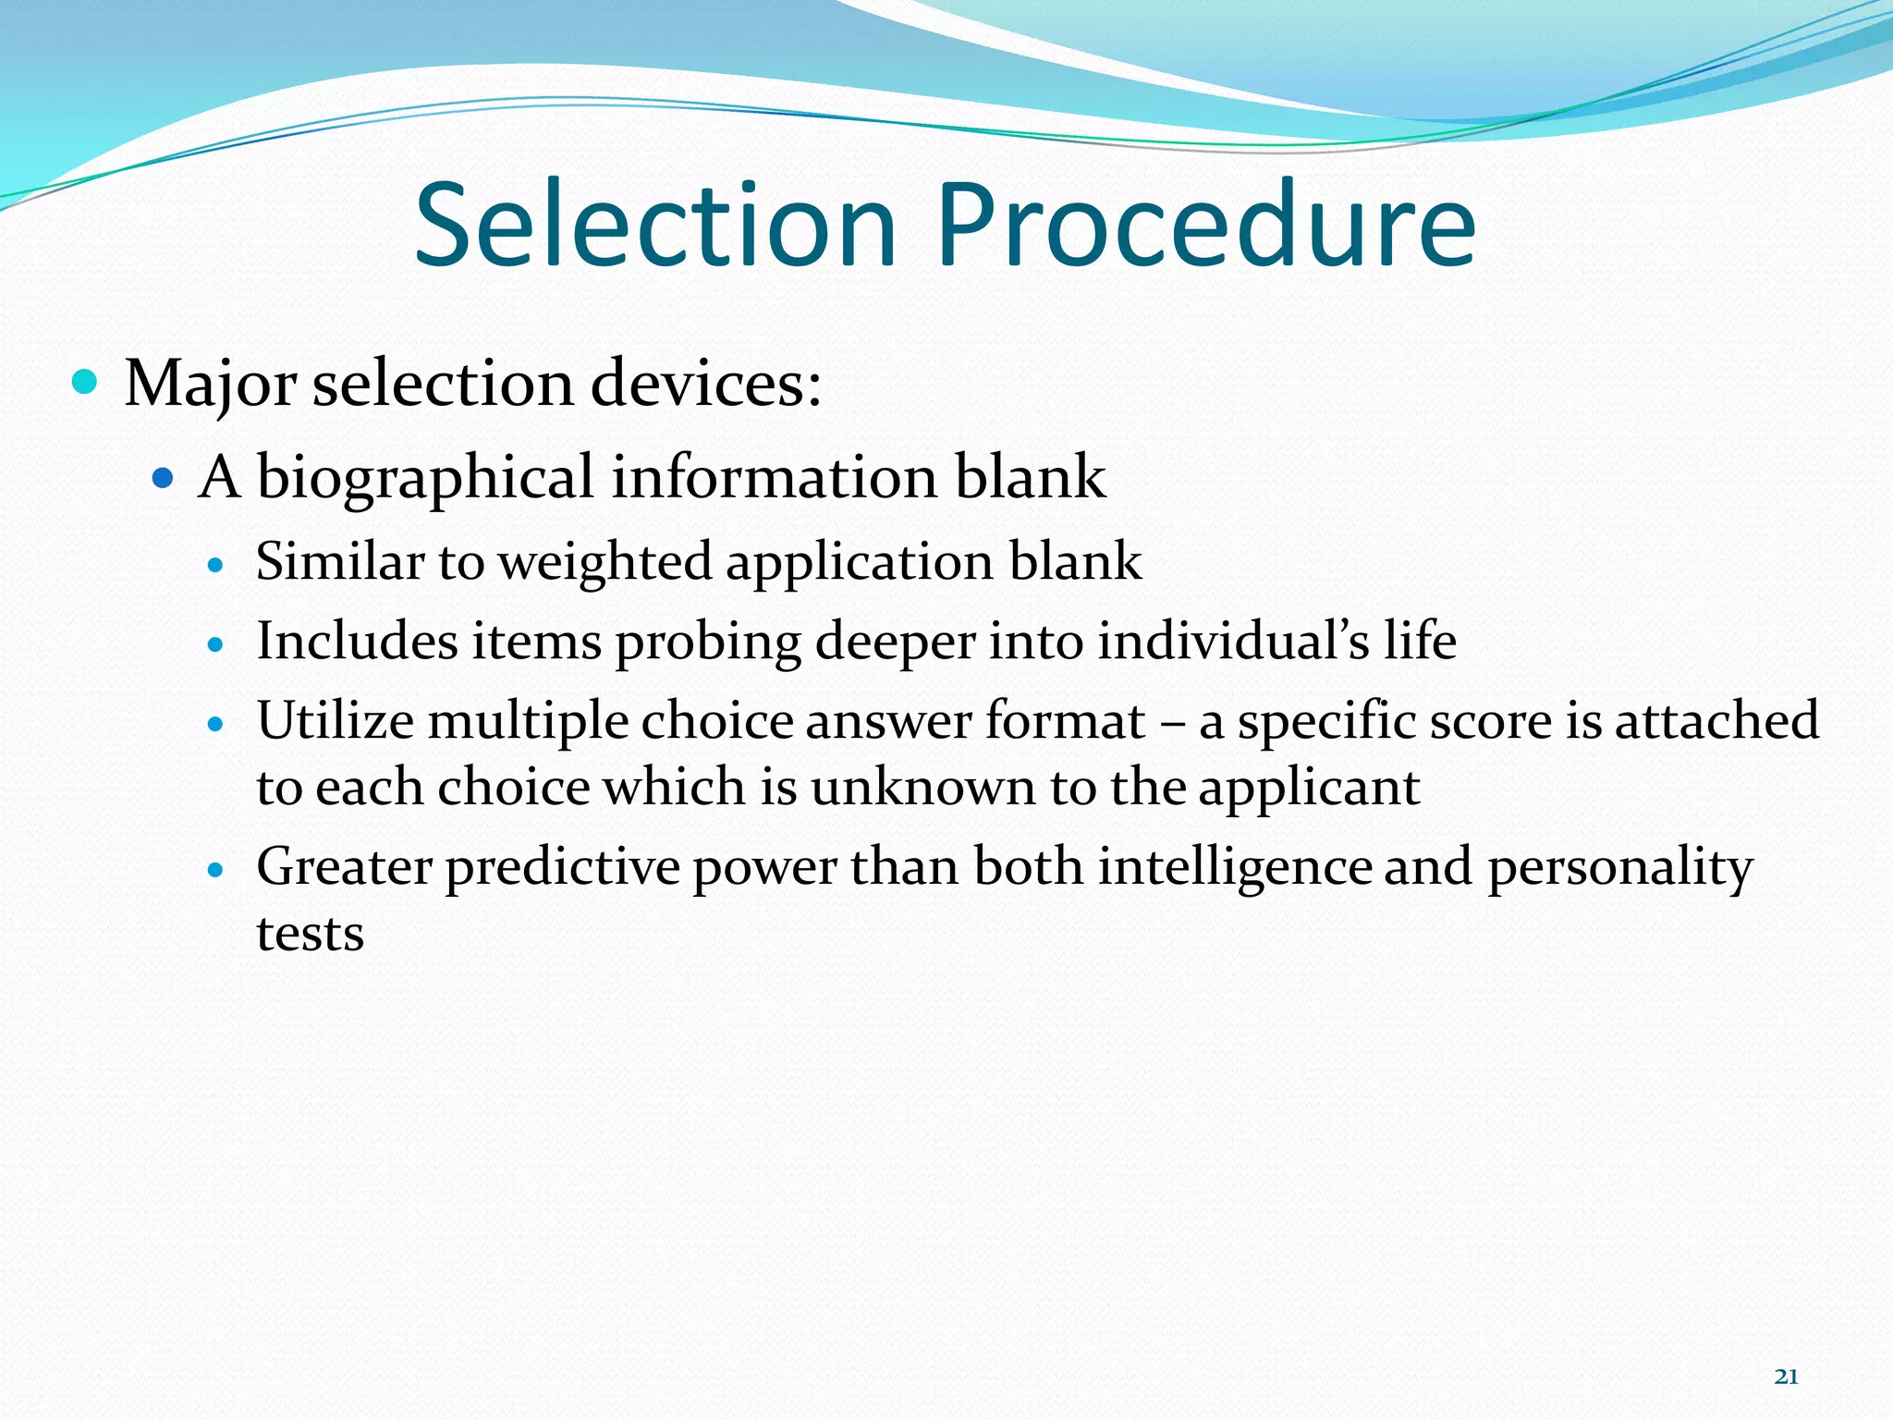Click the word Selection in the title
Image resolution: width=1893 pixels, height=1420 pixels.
click(655, 226)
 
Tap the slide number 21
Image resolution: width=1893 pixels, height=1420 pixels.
click(1786, 1377)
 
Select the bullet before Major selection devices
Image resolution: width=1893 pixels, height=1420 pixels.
click(85, 382)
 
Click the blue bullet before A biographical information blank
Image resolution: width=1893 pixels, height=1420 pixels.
click(163, 479)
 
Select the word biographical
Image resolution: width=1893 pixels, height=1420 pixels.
click(425, 479)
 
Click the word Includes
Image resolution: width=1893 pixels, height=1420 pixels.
click(357, 641)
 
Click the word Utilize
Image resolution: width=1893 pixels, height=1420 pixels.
click(335, 720)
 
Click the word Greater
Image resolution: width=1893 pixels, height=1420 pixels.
click(344, 867)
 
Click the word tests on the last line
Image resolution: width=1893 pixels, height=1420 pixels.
click(310, 934)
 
